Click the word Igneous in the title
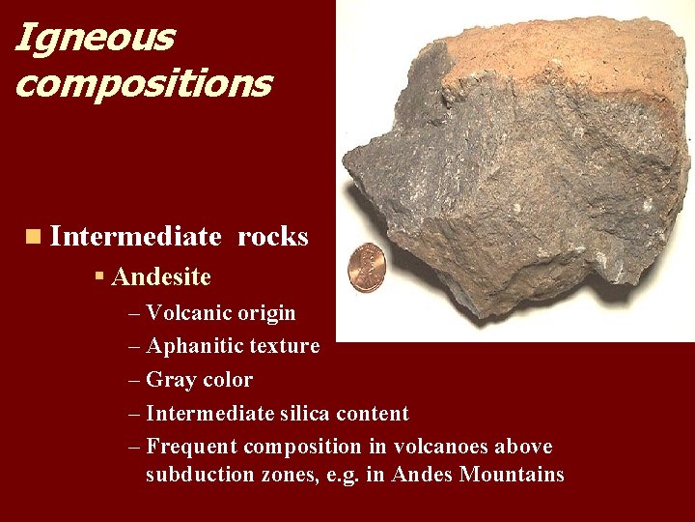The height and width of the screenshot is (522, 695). [x=95, y=39]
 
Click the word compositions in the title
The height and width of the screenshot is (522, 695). [x=143, y=83]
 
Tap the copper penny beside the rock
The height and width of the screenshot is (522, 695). [x=366, y=268]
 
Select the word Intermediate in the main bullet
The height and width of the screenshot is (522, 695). [x=135, y=237]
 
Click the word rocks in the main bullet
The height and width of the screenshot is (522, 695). [x=272, y=237]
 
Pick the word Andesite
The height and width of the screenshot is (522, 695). [x=161, y=277]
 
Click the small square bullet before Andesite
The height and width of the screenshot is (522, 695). [x=99, y=277]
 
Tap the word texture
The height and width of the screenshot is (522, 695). [x=285, y=346]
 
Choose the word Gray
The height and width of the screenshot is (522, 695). [x=170, y=380]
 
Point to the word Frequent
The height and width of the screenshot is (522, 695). [x=191, y=447]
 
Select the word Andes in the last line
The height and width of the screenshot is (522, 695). [x=422, y=475]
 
